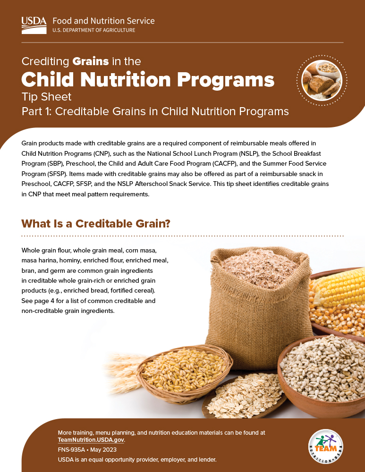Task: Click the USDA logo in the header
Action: click(x=34, y=25)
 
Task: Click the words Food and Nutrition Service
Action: click(x=103, y=21)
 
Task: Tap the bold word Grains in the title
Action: click(x=91, y=61)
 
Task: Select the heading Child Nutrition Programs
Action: click(x=148, y=79)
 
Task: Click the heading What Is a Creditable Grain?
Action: click(x=96, y=223)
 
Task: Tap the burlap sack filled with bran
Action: click(x=255, y=302)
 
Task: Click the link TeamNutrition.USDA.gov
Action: click(x=91, y=439)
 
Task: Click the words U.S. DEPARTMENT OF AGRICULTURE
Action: click(x=93, y=30)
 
